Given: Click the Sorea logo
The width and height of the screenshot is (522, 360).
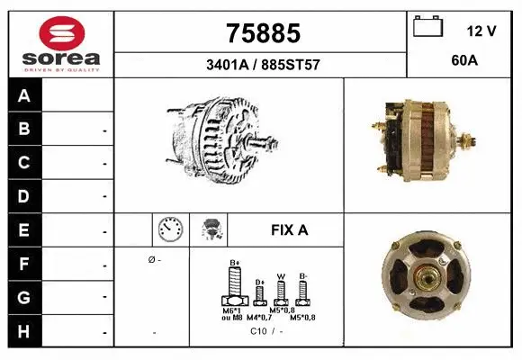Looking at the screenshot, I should click(x=61, y=45).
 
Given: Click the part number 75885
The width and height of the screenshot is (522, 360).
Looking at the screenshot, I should click(x=261, y=33).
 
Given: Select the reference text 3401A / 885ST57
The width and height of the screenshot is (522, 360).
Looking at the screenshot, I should click(x=261, y=65).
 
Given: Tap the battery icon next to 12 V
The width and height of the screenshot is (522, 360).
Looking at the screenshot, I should click(x=427, y=28).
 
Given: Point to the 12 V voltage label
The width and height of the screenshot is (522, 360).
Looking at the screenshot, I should click(x=481, y=31).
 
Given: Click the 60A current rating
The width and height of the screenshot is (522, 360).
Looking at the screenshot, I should click(x=465, y=63).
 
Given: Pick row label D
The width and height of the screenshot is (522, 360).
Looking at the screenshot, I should click(x=24, y=195).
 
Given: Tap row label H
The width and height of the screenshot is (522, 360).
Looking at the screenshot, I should click(x=24, y=331).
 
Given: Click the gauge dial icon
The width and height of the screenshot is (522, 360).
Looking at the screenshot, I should click(x=169, y=229).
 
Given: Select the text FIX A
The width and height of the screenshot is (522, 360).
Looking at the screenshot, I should click(x=289, y=229).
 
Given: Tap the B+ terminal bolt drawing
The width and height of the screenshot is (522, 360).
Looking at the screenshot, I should click(x=234, y=288).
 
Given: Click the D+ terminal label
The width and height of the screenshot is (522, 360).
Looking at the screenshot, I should click(x=259, y=282).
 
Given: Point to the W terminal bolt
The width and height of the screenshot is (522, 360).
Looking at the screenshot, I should click(x=281, y=291).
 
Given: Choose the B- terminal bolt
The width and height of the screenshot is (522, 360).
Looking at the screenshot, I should click(x=304, y=291).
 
